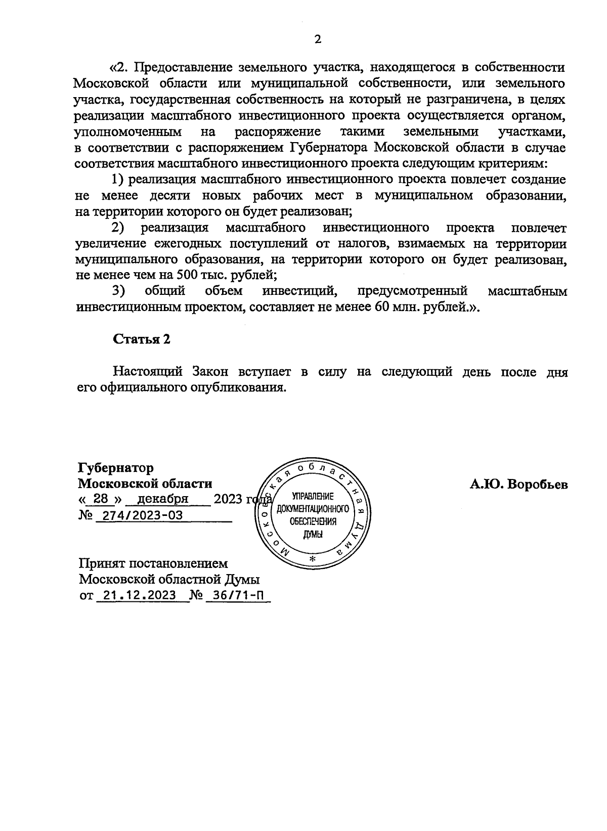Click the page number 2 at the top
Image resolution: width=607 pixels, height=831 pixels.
318,39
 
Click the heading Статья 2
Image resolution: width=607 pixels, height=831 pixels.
141,339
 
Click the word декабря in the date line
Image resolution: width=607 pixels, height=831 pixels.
163,499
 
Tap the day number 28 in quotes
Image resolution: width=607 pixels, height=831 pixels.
101,499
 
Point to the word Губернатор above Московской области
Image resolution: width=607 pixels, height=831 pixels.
116,467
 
